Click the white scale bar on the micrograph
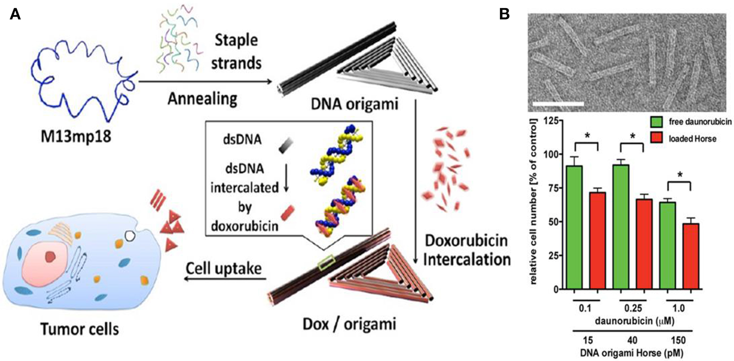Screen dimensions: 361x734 (557, 103)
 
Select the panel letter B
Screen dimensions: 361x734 (505, 15)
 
